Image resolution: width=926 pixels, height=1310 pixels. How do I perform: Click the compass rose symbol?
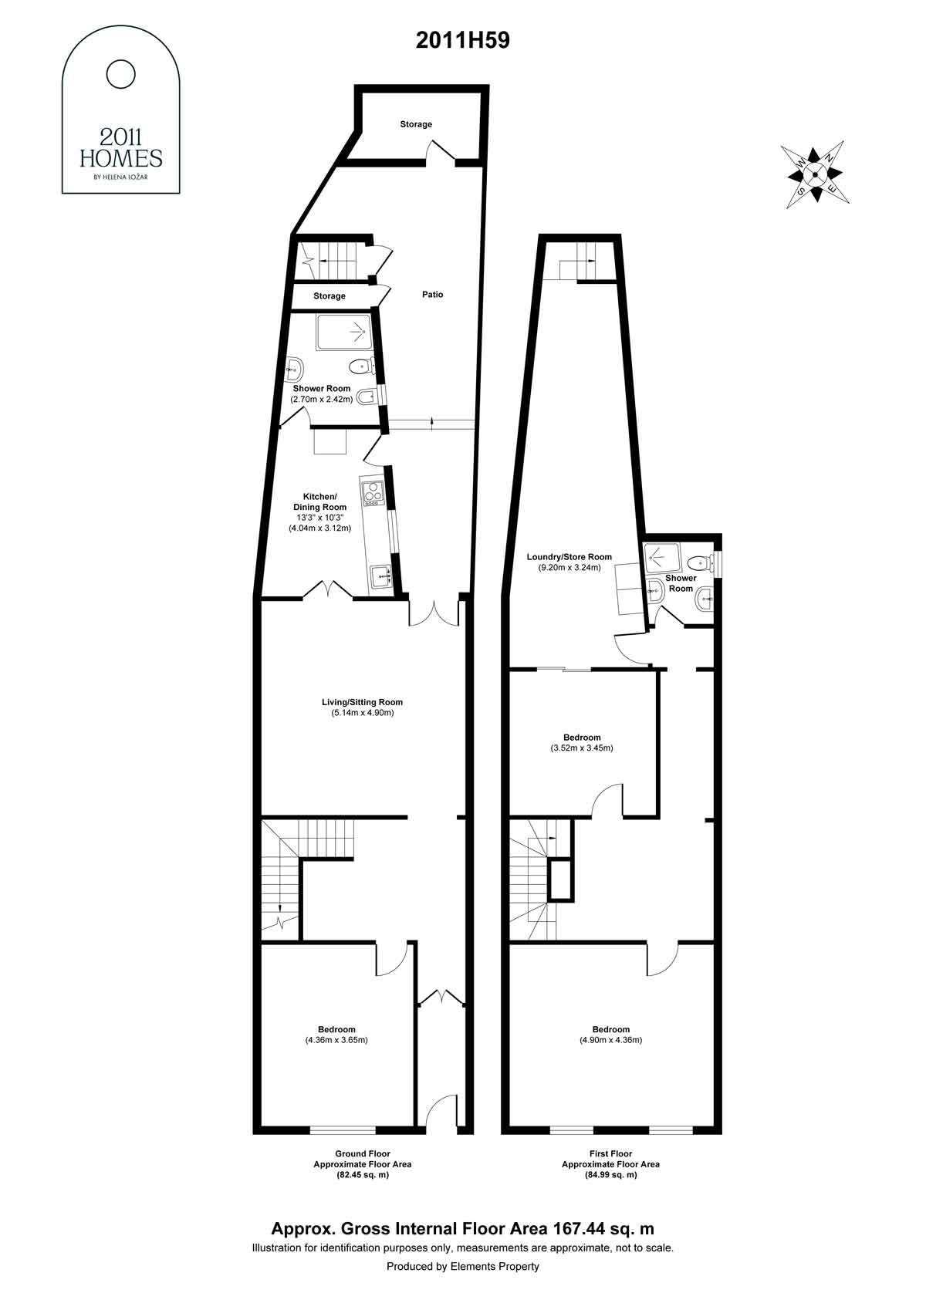pos(815,174)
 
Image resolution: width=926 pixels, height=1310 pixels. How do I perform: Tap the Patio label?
pos(432,294)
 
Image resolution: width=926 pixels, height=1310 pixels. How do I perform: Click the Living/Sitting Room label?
pos(362,702)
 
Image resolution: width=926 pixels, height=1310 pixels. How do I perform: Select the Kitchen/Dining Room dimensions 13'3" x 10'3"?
pos(320,518)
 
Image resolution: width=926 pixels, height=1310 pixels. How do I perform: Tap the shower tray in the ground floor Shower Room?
pos(344,333)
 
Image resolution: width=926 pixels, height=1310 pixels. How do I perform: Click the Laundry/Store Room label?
pos(569,557)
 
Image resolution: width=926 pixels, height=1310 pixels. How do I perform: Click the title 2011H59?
pos(463,40)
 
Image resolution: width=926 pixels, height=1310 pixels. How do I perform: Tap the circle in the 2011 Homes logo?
pos(121,75)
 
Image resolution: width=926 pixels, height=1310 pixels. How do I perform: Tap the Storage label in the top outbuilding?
pos(416,124)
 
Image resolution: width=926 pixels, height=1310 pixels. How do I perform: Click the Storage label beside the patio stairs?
pos(330,296)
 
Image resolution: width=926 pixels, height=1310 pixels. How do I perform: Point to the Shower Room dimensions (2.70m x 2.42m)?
pos(322,400)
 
